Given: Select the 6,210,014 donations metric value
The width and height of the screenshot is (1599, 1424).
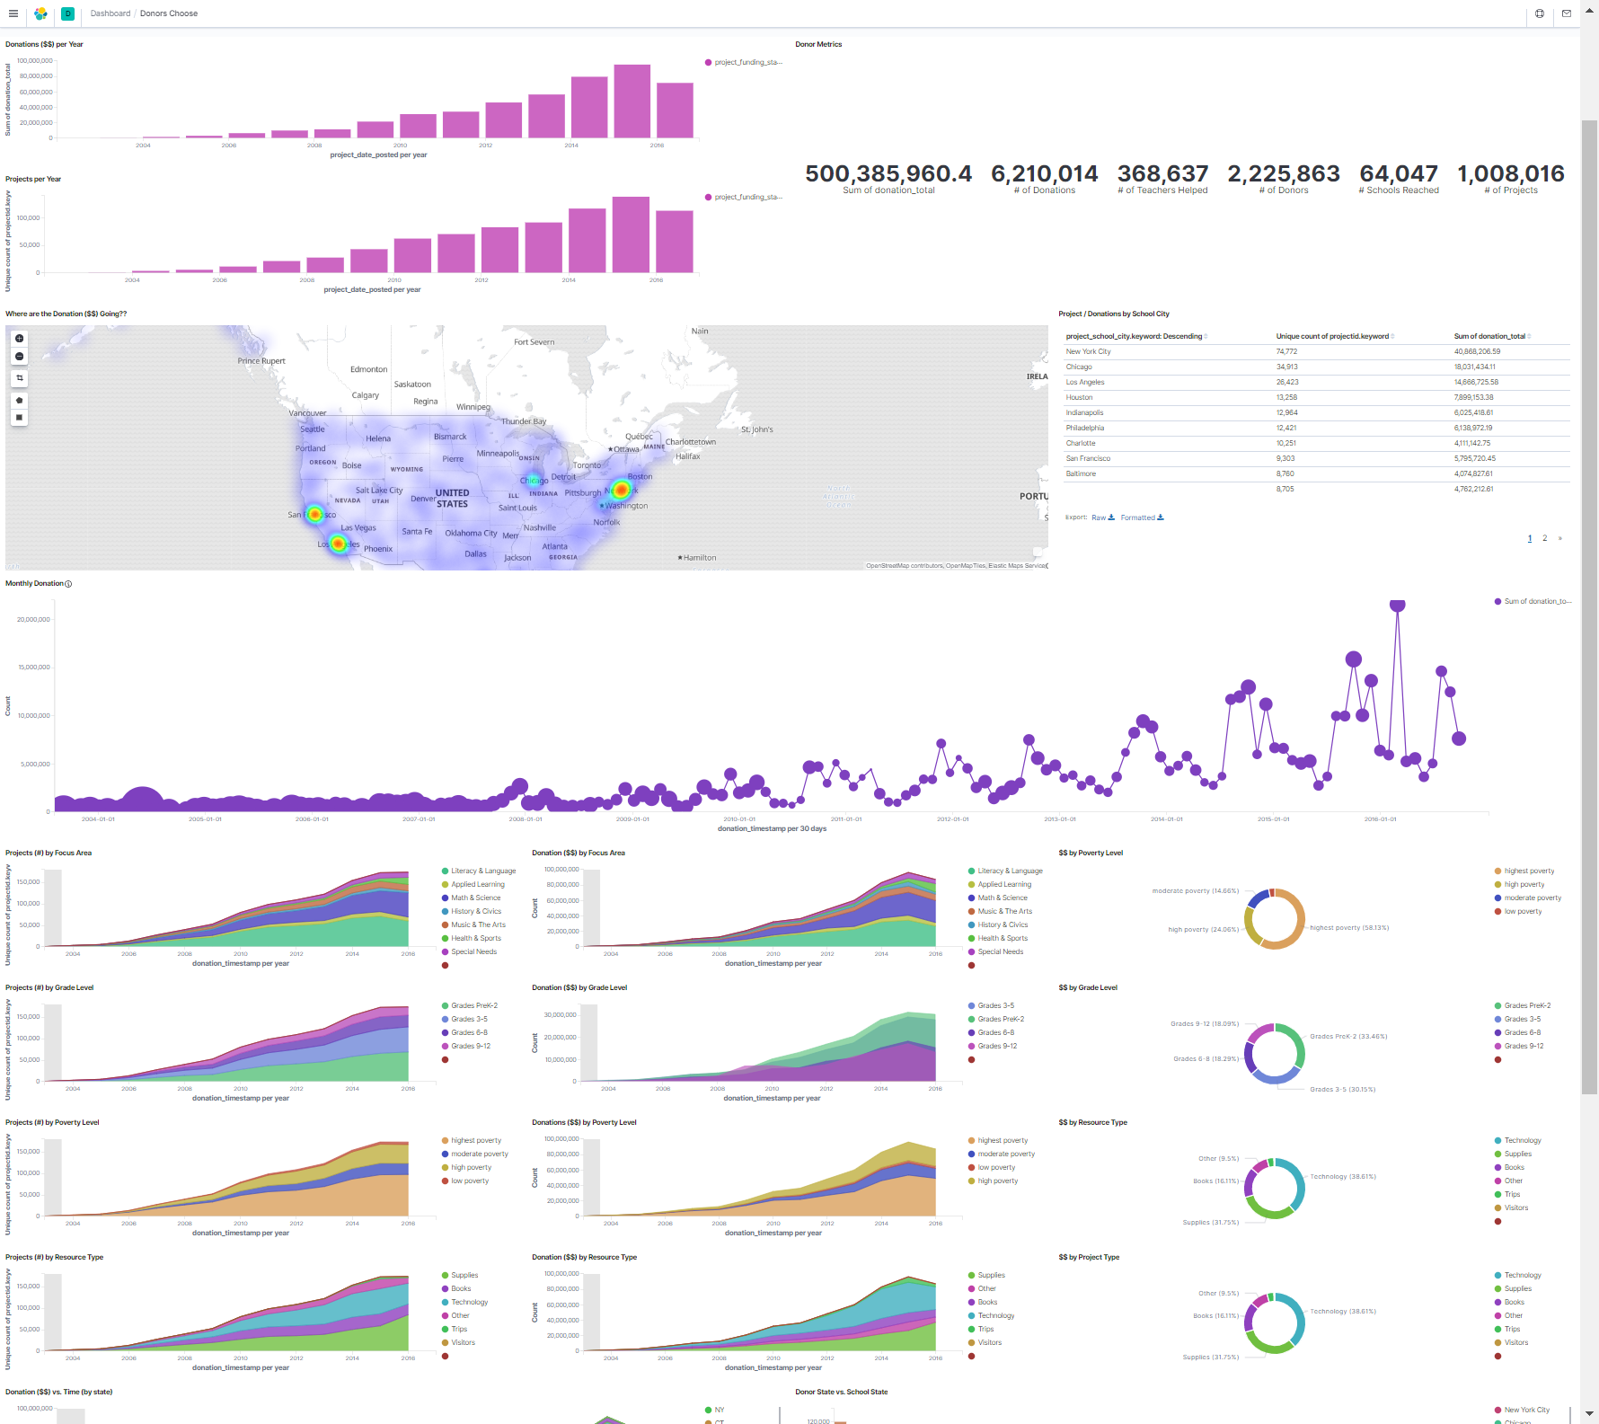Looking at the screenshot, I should coord(1044,173).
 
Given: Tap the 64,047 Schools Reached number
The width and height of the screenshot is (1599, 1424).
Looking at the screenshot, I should coord(1398,173).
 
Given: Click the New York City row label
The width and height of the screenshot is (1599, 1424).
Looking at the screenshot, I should coord(1088,352).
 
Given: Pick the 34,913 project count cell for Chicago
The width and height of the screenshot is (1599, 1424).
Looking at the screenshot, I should coord(1286,367).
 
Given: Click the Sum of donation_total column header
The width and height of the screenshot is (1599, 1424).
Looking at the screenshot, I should coord(1489,337).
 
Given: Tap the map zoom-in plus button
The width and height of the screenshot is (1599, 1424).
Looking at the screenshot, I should coord(20,339).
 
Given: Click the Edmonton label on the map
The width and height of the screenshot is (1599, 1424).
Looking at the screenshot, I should coord(368,369).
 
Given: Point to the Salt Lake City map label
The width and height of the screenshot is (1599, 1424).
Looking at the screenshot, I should coord(379,491).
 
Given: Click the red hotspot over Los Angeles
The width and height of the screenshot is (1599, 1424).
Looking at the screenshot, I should coord(338,544).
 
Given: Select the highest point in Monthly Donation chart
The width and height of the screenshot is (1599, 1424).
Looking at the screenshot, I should coord(1397,605).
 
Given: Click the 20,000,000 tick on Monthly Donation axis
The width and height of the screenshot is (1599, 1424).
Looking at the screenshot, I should coord(33,620).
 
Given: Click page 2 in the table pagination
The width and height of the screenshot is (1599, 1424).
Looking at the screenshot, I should coord(1545,539).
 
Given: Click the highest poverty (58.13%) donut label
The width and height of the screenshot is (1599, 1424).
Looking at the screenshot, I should coord(1348,928).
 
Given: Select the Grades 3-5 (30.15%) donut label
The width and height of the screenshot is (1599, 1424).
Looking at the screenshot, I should coord(1342,1090).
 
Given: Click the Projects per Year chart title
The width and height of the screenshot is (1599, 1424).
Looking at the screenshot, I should coord(33,180).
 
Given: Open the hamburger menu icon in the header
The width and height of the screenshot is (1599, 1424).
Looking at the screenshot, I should coord(13,13).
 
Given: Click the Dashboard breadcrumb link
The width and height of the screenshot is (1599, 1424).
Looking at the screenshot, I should coord(110,13).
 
